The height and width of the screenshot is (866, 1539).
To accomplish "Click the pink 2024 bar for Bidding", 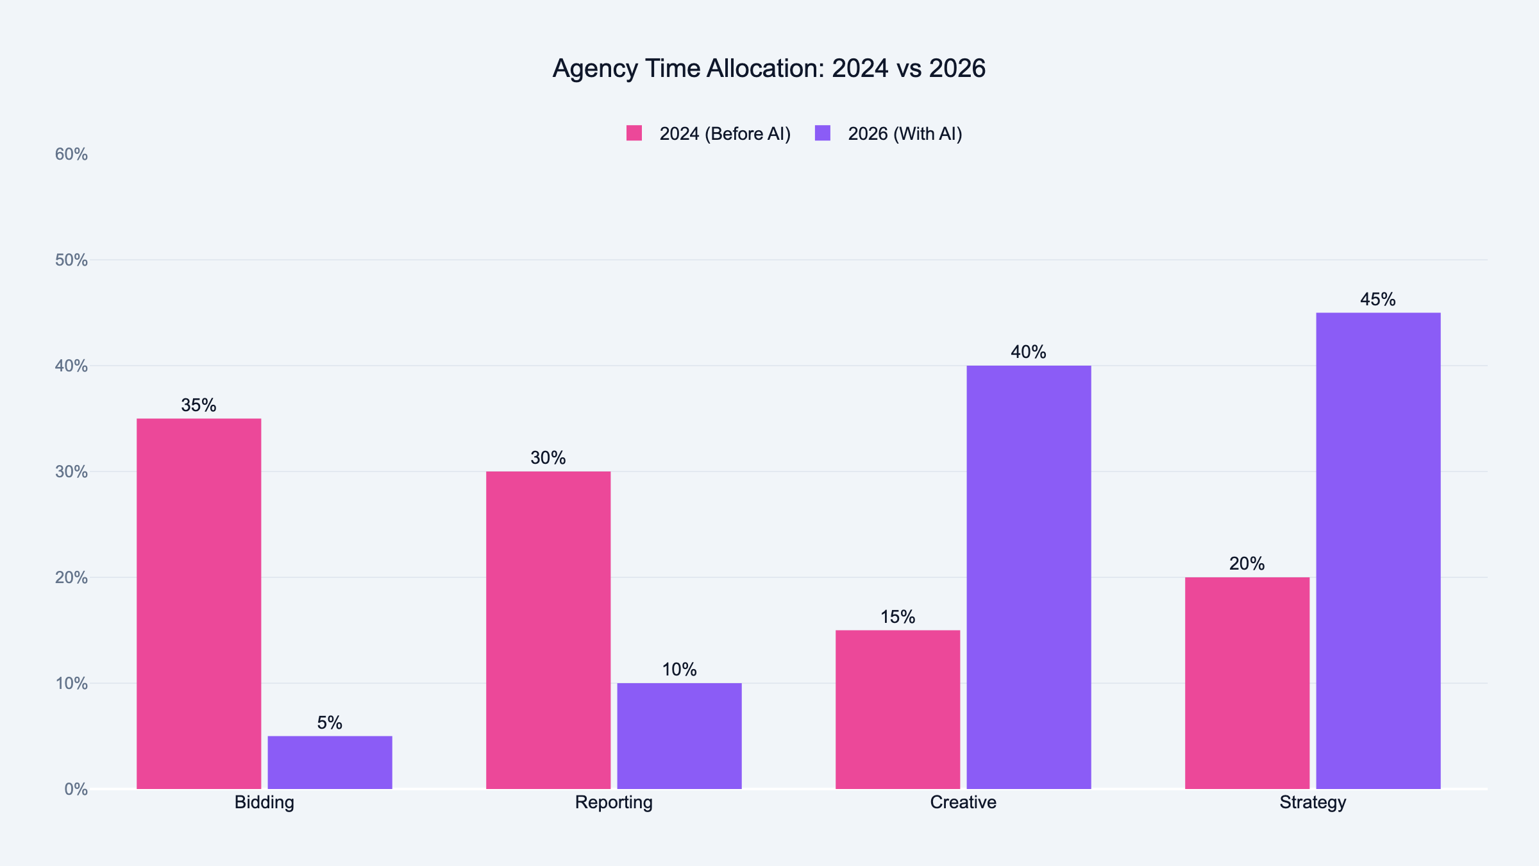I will coord(199,603).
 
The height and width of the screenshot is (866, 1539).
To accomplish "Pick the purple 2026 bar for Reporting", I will coord(679,736).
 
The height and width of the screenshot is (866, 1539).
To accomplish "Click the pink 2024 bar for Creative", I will coord(898,709).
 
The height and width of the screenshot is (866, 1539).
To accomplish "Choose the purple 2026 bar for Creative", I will coord(1029,577).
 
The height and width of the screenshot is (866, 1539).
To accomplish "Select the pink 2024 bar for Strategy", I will coord(1247,683).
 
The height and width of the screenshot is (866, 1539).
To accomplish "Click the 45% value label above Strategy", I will coord(1378,300).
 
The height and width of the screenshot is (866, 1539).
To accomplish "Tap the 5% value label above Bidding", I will coord(330,723).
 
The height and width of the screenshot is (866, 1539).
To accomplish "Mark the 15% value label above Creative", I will coord(898,617).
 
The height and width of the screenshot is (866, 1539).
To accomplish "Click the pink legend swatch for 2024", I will coord(634,133).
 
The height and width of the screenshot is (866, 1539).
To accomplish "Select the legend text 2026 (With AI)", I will coord(905,134).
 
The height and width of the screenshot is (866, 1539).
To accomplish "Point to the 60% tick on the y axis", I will coord(71,155).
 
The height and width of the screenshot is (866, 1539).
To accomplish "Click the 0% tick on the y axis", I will coord(76,790).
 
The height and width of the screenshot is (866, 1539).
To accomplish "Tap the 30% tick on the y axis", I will coord(71,472).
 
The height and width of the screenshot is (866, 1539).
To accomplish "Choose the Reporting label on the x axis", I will coord(614,802).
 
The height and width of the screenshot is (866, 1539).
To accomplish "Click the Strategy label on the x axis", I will coord(1313,802).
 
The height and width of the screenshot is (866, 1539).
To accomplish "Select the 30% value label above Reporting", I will coord(548,458).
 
